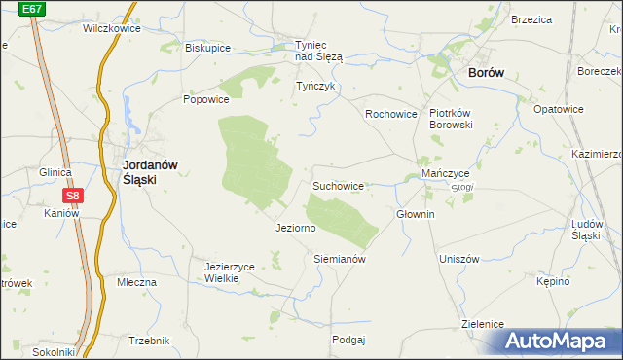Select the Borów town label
(x=486, y=73)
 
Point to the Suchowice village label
(x=338, y=185)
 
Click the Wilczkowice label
(x=112, y=28)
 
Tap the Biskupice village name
(x=206, y=47)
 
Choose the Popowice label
(x=205, y=99)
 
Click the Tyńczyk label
(x=315, y=86)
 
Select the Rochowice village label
(x=391, y=114)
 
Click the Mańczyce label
(x=446, y=173)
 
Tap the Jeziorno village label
(x=296, y=228)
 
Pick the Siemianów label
(x=339, y=260)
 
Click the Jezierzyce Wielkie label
(x=229, y=271)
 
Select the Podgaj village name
(x=348, y=340)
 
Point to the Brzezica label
(x=531, y=19)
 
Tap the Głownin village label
(x=416, y=214)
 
